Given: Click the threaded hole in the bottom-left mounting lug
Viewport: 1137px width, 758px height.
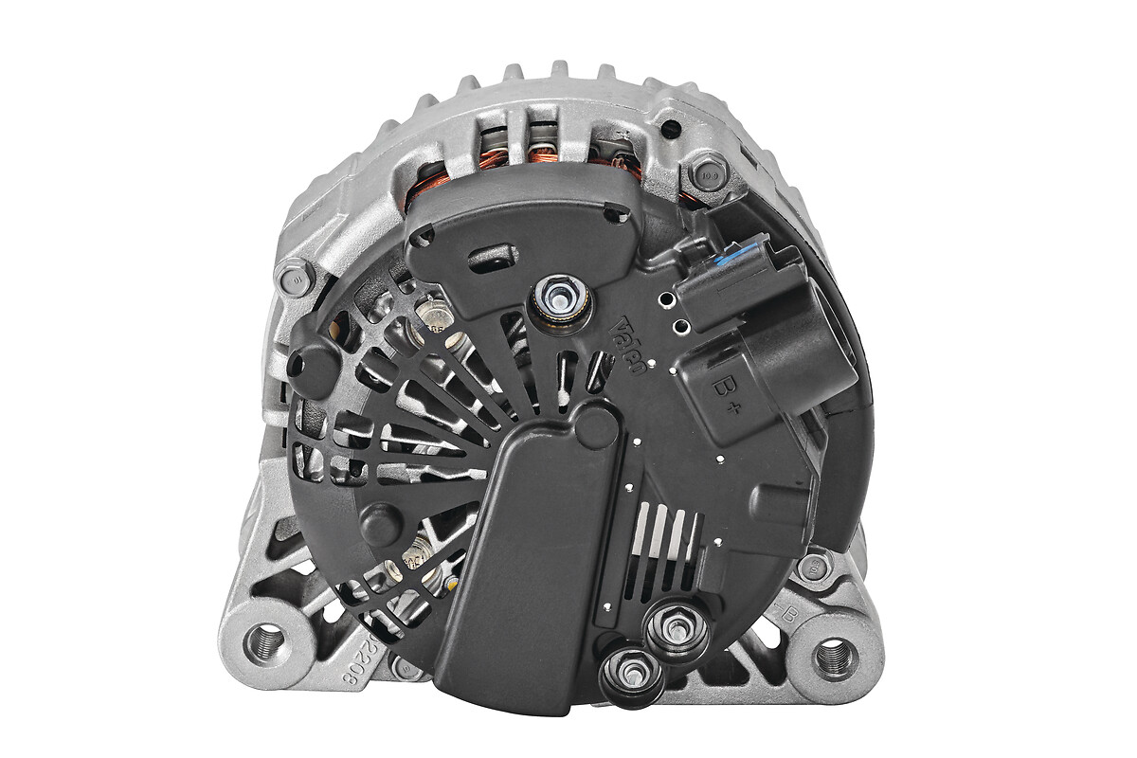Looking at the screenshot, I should [x=264, y=642].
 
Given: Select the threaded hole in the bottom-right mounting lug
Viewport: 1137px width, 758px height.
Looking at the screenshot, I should [x=836, y=657].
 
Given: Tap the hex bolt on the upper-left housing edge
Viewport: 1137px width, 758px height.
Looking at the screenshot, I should [x=295, y=277].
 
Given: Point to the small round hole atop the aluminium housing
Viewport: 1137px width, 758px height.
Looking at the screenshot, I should [x=672, y=127].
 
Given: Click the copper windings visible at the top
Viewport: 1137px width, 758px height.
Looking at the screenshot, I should [x=543, y=152].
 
